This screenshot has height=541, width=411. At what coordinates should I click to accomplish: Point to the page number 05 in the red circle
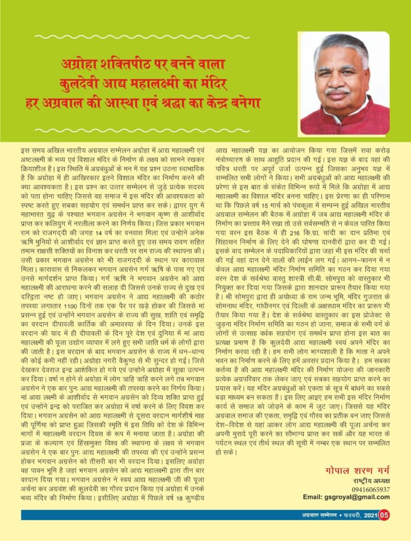pos(384,515)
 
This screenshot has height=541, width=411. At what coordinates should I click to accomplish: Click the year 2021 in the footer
pos(370,515)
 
